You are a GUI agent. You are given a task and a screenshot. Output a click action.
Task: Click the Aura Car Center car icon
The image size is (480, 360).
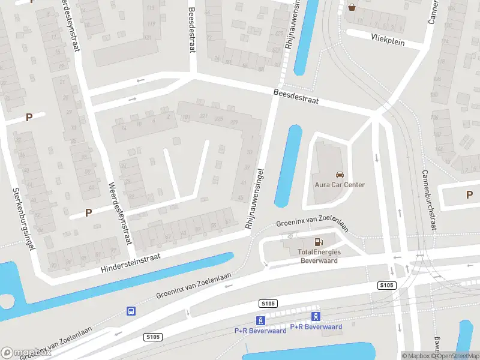click(x=340, y=175)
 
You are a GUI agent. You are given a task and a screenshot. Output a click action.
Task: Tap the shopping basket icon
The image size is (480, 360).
click(x=351, y=7)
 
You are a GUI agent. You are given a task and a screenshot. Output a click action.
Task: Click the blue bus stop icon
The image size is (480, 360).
click(x=130, y=311)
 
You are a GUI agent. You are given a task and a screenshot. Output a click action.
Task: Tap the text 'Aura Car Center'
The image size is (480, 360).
click(x=340, y=185)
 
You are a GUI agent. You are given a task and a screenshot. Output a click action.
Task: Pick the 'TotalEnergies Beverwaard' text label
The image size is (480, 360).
click(x=319, y=256)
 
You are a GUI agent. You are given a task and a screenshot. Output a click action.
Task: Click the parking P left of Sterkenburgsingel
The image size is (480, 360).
click(x=28, y=117)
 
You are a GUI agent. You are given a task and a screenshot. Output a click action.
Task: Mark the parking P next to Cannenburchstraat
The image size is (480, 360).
click(x=469, y=194)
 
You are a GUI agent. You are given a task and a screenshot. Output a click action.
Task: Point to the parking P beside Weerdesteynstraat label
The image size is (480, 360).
click(x=88, y=212)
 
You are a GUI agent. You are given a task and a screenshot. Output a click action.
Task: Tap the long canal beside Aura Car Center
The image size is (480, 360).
click(x=288, y=166)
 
